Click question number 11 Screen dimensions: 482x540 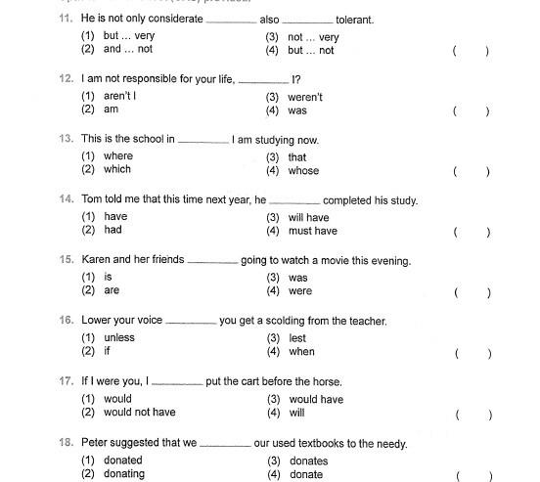pos(66,20)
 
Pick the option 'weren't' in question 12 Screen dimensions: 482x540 pos(304,98)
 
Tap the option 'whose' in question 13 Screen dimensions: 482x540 pos(303,171)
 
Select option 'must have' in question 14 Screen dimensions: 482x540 pos(312,232)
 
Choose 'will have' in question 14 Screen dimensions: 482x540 pos(308,218)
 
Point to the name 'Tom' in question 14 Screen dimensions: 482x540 pos(91,200)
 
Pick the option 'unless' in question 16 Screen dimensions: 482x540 pos(118,338)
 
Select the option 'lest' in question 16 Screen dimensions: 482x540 pos(297,338)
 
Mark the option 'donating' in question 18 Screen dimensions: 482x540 pos(123,474)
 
